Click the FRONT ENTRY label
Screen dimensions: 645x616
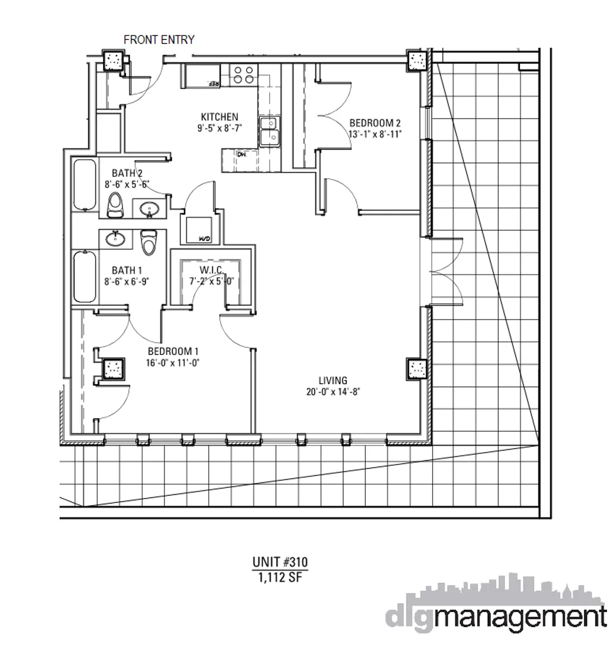tap(159, 40)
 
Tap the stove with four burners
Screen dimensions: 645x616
tap(242, 74)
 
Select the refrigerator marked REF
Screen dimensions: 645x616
tap(204, 76)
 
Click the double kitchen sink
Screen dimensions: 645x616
tap(270, 131)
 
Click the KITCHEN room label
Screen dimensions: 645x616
tap(219, 117)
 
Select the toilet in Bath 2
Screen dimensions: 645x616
tap(115, 205)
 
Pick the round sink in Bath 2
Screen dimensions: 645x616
tap(149, 208)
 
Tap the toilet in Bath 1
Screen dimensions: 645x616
tap(147, 242)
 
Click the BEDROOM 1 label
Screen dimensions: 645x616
tap(173, 351)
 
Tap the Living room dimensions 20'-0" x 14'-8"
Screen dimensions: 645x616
tap(333, 392)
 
